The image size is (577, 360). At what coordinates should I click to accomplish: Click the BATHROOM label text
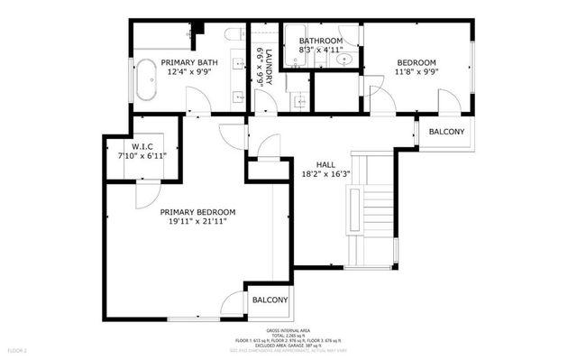pos(320,42)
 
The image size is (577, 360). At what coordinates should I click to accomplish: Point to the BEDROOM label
pos(417,62)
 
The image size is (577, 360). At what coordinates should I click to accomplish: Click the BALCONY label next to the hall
pos(446,132)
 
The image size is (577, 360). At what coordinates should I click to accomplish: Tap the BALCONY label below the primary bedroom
pos(270,300)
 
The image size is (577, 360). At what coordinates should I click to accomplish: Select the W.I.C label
pos(142,145)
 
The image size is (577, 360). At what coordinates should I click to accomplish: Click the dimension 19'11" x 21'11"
pos(193,220)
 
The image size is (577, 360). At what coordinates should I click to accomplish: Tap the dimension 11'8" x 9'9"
pos(417,73)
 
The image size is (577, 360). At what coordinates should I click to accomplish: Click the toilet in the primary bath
pos(232,36)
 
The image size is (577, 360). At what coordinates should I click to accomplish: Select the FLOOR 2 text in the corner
pos(18,349)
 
